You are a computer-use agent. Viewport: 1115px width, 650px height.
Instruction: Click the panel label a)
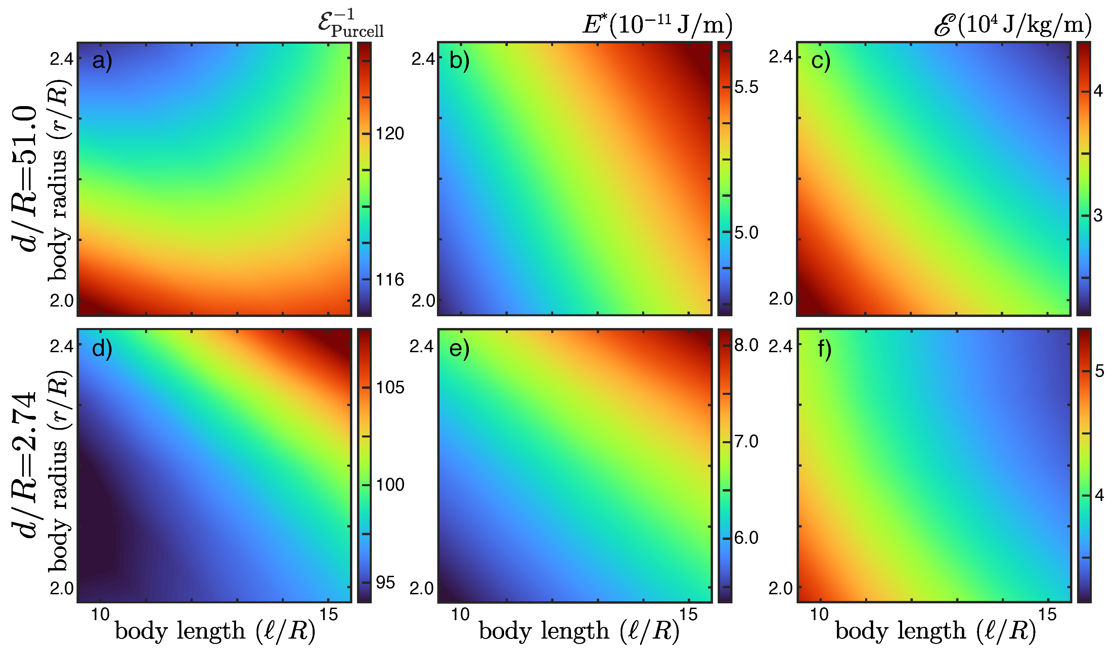pos(102,61)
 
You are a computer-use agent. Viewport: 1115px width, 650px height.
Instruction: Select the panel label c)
pos(821,61)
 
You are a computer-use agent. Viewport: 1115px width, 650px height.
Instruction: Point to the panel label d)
pos(102,349)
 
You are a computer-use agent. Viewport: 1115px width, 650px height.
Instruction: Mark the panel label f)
pos(824,349)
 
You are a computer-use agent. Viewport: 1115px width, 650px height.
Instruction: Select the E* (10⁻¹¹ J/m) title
pos(657,24)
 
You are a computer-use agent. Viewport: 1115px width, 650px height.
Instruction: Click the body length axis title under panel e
pos(579,631)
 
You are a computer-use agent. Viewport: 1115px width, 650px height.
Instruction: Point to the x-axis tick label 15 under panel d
pos(328,614)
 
